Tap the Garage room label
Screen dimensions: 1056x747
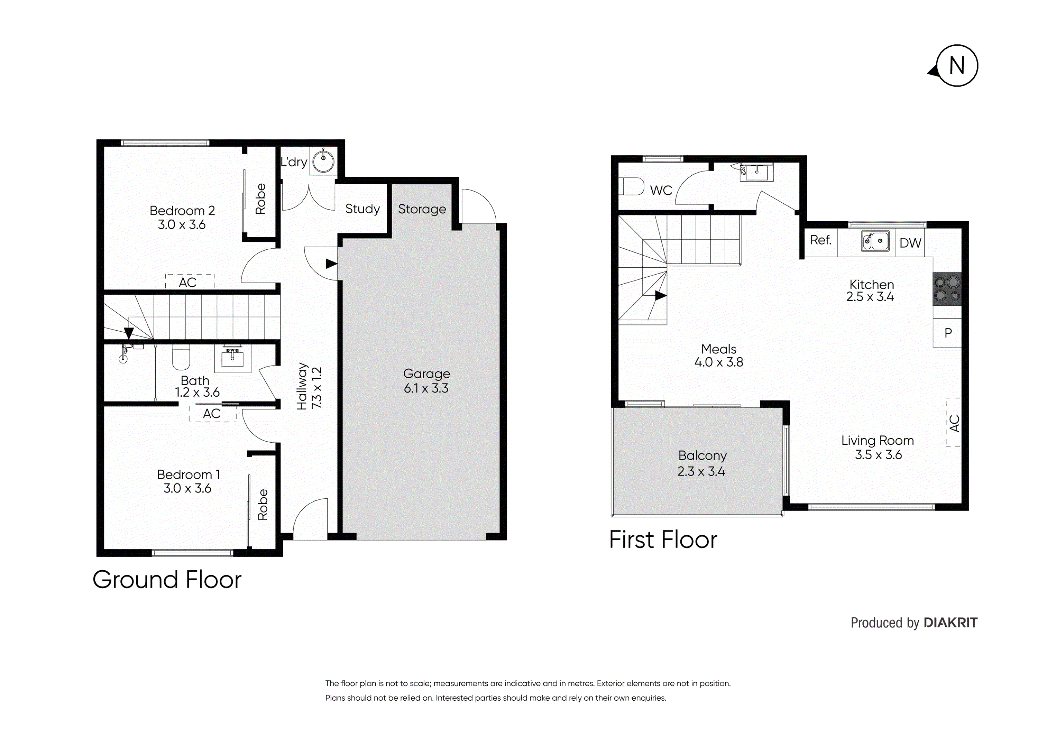tap(426, 373)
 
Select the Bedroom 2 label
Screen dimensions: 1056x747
tap(182, 211)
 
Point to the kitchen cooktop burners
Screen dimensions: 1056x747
tap(947, 289)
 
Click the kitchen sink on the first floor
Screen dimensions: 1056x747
tap(875, 241)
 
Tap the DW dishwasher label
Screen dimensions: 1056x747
tap(910, 243)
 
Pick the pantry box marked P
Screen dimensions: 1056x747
tap(947, 333)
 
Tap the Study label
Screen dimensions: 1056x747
tap(362, 209)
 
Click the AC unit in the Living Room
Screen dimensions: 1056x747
tap(953, 422)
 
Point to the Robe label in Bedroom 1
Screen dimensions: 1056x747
tap(262, 505)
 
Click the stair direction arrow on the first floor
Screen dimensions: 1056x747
tap(661, 295)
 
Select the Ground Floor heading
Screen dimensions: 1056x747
tap(167, 580)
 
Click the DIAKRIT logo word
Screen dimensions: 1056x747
tap(950, 623)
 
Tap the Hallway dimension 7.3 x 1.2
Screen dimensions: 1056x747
tap(317, 387)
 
